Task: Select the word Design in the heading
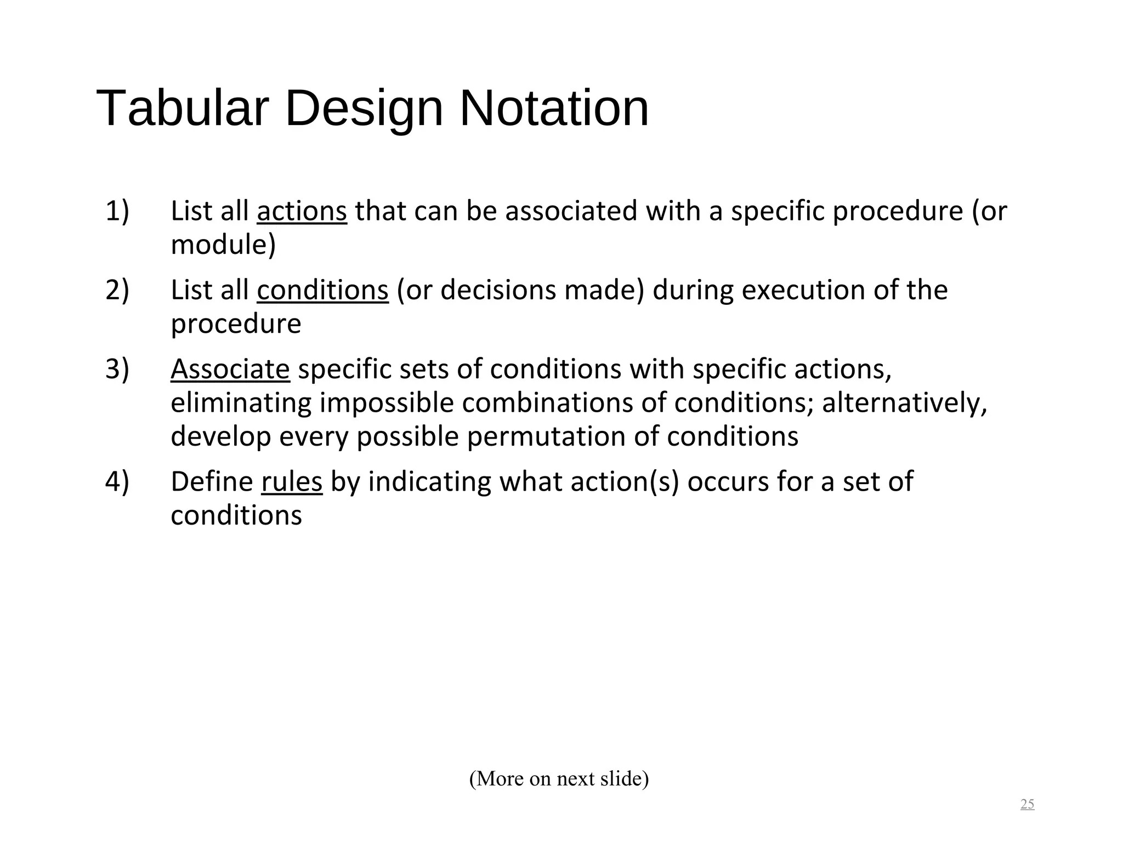(364, 110)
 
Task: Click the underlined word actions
(302, 211)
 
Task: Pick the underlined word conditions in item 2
(322, 290)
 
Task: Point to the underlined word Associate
(230, 369)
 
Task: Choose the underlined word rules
(292, 482)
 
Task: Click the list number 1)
(117, 211)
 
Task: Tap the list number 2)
(117, 290)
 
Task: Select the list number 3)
(117, 369)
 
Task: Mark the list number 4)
(117, 482)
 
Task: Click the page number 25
(1027, 804)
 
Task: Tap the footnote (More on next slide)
(559, 778)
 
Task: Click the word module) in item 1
(223, 245)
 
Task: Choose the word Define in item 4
(212, 482)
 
